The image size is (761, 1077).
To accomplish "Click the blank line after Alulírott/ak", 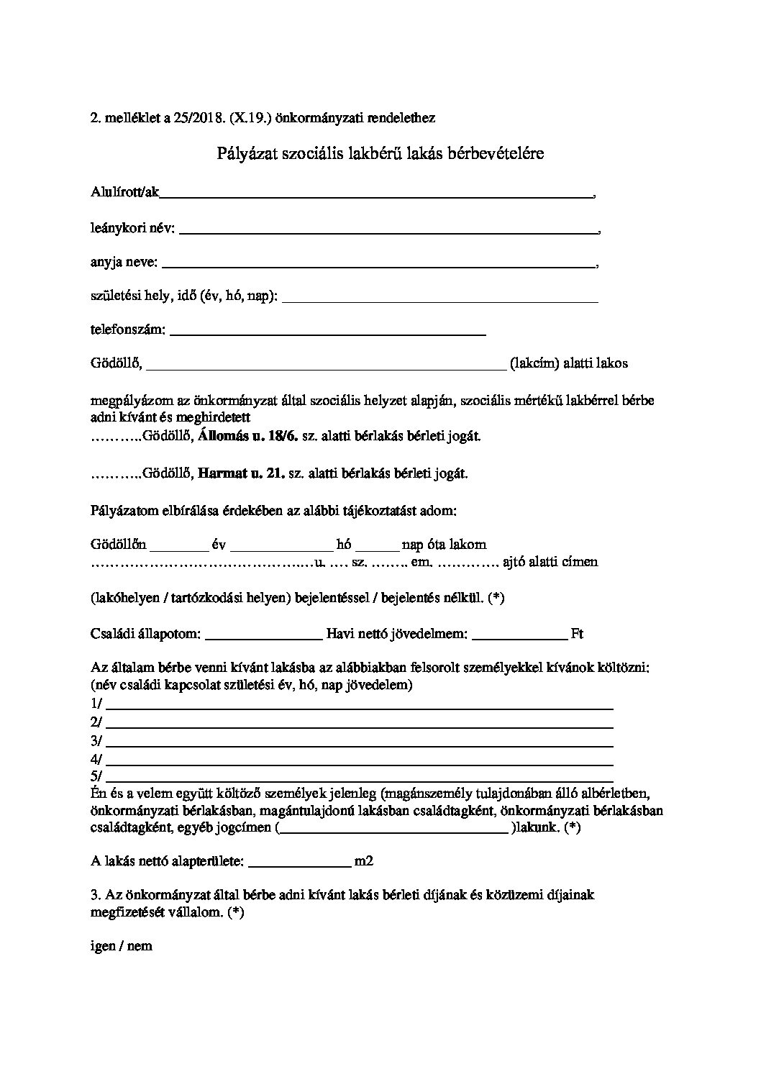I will pos(374,194).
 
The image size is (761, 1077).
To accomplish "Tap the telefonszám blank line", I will pos(327,334).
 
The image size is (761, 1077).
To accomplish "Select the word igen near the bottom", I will pos(103,947).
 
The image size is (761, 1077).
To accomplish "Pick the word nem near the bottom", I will pos(140,947).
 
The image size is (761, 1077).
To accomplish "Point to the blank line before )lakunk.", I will pos(393,831).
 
